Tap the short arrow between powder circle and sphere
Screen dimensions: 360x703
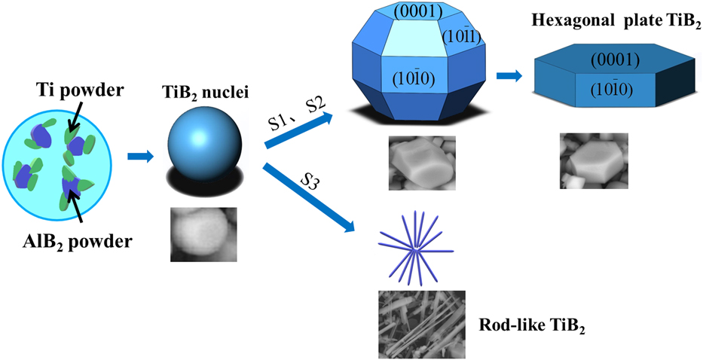140,156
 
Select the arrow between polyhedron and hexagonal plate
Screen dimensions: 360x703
509,76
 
